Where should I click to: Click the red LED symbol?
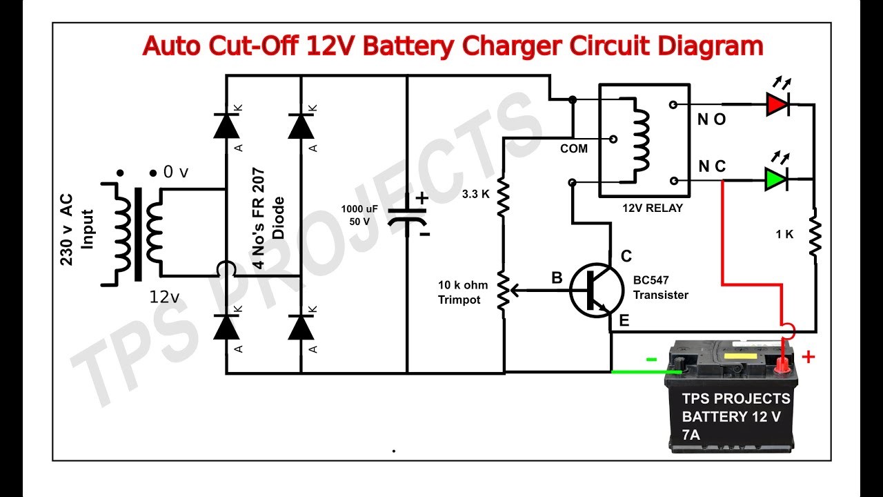tap(777, 105)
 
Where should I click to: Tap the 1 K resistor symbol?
tap(815, 235)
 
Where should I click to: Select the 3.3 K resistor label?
tap(475, 195)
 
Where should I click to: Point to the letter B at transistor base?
tap(557, 278)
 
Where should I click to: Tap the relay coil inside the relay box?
tap(642, 142)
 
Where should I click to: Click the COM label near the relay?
tap(573, 148)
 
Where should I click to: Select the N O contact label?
tap(711, 120)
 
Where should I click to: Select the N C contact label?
tap(711, 167)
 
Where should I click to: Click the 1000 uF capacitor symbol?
tap(407, 216)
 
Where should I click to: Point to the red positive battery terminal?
tap(782, 362)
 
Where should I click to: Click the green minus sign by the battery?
tap(651, 359)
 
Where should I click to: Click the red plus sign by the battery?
tap(808, 357)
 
